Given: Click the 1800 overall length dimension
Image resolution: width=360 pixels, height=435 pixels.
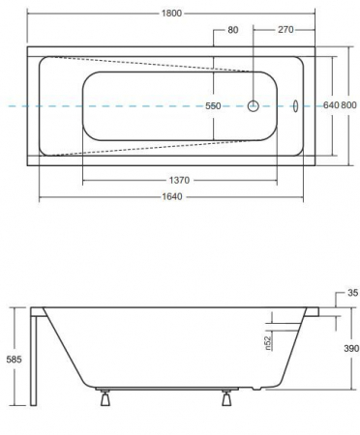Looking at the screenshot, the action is click(171, 14).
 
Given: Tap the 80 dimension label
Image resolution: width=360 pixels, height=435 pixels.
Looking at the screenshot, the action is click(233, 30).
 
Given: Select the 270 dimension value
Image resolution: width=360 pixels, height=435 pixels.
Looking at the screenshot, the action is click(285, 30).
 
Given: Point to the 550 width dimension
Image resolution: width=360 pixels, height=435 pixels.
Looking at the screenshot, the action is click(213, 105).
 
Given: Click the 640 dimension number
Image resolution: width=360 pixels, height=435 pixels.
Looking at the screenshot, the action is click(331, 105).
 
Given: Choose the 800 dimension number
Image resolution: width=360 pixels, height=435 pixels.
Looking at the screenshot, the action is click(348, 105).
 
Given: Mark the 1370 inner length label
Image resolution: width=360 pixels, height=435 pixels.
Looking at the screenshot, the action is click(179, 180).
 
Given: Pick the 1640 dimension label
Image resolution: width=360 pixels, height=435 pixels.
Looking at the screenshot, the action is click(172, 196).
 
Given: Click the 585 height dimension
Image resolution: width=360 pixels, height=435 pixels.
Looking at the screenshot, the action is click(15, 360).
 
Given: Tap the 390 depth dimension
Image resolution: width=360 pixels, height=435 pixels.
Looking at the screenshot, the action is click(351, 348).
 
